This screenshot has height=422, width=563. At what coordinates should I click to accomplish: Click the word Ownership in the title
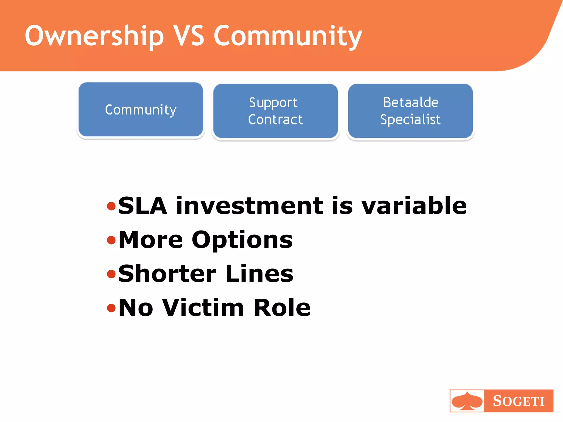point(94,36)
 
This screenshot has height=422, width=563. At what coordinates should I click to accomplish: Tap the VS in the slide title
point(189,35)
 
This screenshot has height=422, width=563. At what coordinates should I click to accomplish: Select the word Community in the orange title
point(288,36)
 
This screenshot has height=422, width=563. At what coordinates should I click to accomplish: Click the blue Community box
point(141,110)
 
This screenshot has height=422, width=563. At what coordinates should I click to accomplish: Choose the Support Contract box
point(275,111)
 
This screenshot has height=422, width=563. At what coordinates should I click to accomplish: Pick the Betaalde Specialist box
point(410,111)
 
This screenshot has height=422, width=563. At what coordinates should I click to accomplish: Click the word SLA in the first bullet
point(142,206)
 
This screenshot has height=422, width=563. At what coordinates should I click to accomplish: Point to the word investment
point(250,206)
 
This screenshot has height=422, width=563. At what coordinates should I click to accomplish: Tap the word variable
point(414,206)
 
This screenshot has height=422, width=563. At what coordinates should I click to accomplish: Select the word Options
point(242,240)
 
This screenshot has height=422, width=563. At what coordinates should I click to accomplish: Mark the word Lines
point(260,274)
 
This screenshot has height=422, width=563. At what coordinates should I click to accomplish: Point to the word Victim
point(203,308)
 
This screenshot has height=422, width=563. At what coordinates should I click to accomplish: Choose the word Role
point(282,308)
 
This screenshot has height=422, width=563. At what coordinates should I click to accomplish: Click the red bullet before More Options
point(111,240)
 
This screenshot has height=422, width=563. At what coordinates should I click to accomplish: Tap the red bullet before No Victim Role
point(111,308)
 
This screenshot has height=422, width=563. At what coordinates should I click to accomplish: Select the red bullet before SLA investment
point(111,206)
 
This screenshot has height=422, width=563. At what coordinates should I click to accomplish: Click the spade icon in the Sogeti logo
point(467,401)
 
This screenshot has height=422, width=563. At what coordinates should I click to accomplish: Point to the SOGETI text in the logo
point(518,401)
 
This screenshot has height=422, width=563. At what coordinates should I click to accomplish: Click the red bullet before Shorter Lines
point(111,274)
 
